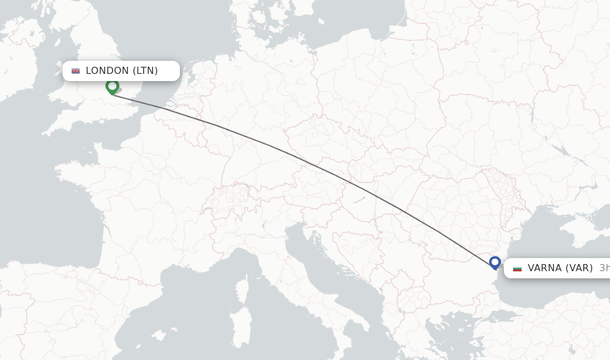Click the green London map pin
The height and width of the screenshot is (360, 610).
pos(112,86)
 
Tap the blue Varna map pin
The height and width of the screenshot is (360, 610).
pos(494,262)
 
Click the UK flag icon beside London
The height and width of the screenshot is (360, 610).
pos(76,71)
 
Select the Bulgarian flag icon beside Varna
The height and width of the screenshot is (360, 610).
pos(517,268)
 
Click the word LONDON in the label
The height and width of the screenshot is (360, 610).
pos(107,71)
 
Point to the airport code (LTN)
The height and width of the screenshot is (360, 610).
pos(145,71)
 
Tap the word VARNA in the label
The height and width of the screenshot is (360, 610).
pos(544,268)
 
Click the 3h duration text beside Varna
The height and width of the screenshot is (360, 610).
pos(604,268)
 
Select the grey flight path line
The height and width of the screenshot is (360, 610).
pos(298,156)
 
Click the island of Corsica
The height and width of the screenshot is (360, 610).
pos(242,288)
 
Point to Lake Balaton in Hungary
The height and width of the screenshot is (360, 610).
pos(357,200)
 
